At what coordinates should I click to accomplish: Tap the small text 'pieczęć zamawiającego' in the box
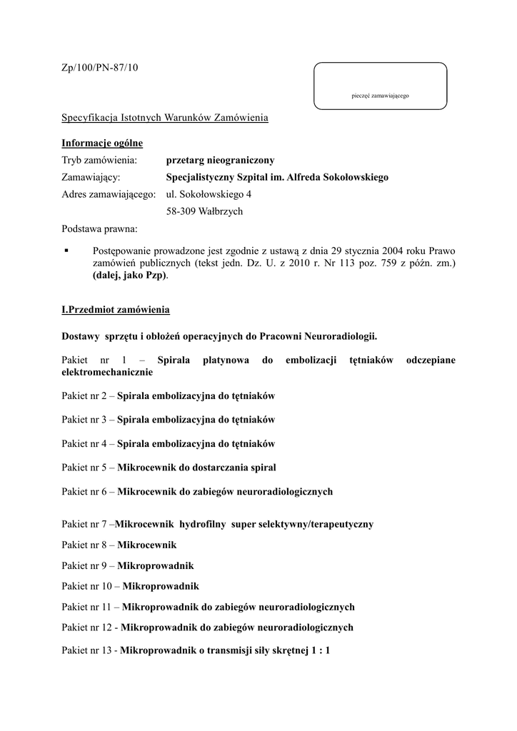(380, 96)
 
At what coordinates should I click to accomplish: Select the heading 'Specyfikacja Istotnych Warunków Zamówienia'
(165, 117)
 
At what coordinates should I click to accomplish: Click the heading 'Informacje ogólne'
(102, 143)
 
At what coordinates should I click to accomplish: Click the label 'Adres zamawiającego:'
(109, 194)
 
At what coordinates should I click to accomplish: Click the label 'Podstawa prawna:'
(100, 229)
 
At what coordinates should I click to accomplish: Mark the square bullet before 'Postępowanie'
(66, 251)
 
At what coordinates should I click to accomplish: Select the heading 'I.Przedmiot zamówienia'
(116, 311)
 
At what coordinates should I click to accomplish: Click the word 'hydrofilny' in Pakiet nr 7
(203, 524)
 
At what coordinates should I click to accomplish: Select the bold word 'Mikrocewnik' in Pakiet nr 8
(146, 545)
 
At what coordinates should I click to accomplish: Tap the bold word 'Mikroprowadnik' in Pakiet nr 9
(155, 565)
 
